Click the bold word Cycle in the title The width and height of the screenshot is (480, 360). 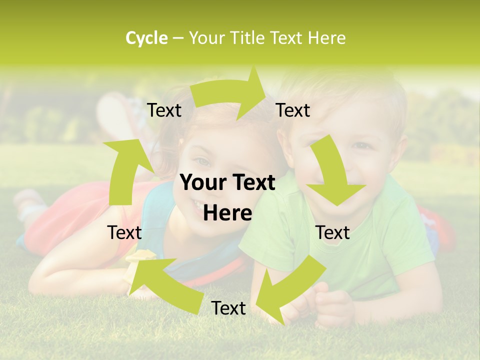click(146, 38)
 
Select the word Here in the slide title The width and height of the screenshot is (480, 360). click(327, 38)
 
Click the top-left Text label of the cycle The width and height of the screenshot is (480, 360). click(164, 110)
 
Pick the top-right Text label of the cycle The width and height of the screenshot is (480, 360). click(293, 110)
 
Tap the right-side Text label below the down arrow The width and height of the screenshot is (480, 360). click(332, 232)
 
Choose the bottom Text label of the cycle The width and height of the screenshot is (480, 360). click(228, 308)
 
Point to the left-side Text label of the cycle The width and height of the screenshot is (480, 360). click(124, 232)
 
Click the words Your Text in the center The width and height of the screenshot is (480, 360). click(227, 182)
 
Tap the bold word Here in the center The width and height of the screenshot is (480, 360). click(227, 213)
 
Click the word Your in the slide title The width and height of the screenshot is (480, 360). click(206, 38)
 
